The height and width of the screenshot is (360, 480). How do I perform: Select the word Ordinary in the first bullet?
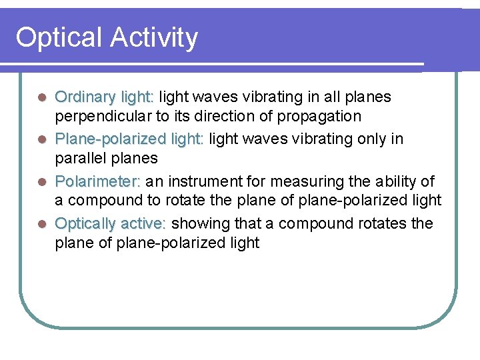[85, 97]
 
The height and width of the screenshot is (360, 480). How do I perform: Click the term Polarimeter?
[97, 181]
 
